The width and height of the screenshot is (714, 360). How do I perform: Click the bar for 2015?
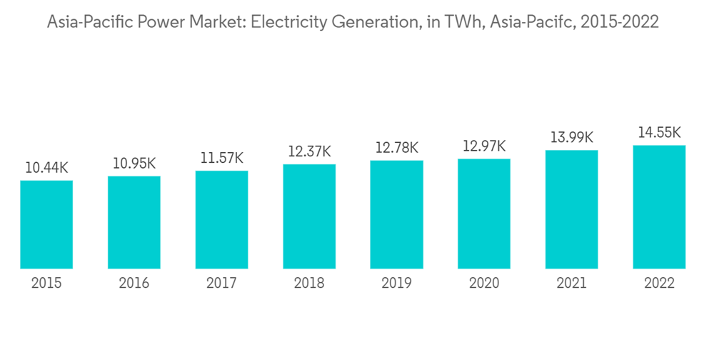click(x=46, y=224)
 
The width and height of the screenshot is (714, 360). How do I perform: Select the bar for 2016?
click(x=134, y=222)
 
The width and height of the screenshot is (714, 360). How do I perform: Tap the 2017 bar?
click(x=221, y=219)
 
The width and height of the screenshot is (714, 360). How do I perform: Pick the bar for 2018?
click(x=309, y=216)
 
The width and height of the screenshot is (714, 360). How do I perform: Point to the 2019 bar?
click(x=396, y=214)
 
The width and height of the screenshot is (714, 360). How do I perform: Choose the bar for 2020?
click(x=484, y=214)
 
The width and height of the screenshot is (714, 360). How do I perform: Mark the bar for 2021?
click(x=571, y=209)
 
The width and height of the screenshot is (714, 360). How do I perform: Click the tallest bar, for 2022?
click(x=659, y=207)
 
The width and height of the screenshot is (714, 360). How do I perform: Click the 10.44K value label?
click(x=46, y=168)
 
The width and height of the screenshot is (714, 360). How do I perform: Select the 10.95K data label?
click(x=134, y=164)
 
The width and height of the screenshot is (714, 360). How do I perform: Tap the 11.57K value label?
click(x=221, y=158)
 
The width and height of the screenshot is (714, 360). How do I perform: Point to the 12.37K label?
click(x=309, y=151)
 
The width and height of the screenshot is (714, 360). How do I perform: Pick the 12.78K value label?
click(x=396, y=148)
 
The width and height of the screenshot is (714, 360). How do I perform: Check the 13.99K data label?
click(x=571, y=137)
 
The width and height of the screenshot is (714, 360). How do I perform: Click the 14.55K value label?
click(x=659, y=132)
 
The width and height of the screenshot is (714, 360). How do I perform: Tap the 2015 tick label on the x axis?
click(x=46, y=284)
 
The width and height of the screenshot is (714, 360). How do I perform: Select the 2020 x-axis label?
click(x=484, y=284)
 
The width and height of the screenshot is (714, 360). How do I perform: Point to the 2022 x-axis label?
click(x=659, y=284)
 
